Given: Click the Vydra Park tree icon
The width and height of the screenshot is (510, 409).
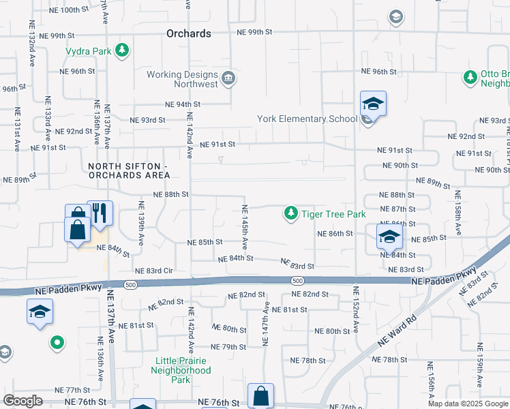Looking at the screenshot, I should pyautogui.click(x=122, y=50).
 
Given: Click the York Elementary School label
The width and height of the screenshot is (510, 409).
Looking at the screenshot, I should pyautogui.click(x=307, y=119).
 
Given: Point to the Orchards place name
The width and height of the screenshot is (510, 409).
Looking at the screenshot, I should pyautogui.click(x=189, y=33).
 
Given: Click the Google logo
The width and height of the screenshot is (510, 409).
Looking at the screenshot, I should pyautogui.click(x=22, y=401).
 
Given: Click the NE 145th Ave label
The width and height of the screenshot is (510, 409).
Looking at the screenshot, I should pyautogui.click(x=245, y=222).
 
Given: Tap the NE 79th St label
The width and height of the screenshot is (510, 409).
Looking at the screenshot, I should pyautogui.click(x=228, y=347).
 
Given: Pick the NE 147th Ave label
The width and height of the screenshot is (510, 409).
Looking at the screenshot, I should pyautogui.click(x=266, y=322).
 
